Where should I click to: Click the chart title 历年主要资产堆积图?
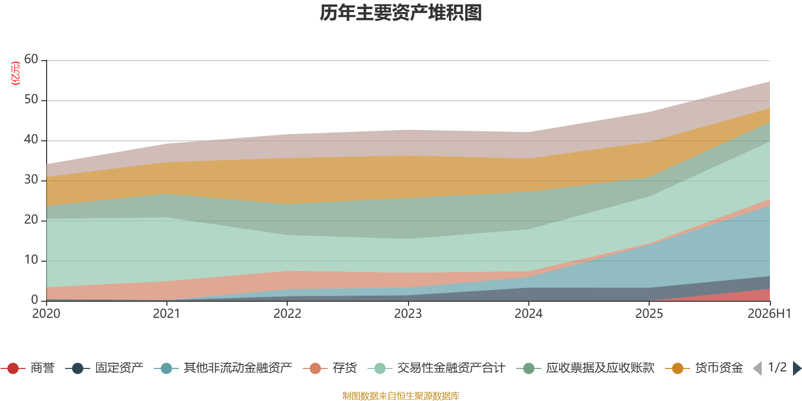coord(400,13)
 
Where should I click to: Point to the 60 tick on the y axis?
coord(31,59)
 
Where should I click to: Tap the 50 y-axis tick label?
coord(31,99)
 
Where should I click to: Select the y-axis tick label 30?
coord(31,179)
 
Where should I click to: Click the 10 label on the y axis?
coord(31,260)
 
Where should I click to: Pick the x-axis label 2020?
coord(46,314)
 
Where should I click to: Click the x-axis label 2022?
coord(288,314)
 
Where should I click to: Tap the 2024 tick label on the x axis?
coord(528,314)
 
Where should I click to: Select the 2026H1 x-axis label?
coord(769,314)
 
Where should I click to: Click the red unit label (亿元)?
coord(16,73)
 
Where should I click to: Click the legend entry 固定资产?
coord(104,368)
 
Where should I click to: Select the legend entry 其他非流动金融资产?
coord(223,368)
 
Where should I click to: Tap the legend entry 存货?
coord(330,368)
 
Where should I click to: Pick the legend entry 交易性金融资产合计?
coord(437,368)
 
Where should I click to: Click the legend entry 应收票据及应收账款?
coord(585,368)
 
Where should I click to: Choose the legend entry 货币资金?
coord(704,368)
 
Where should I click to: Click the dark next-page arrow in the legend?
coord(797,368)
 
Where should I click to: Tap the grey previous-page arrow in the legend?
coord(757,368)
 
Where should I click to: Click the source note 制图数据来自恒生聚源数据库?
coord(400,395)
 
